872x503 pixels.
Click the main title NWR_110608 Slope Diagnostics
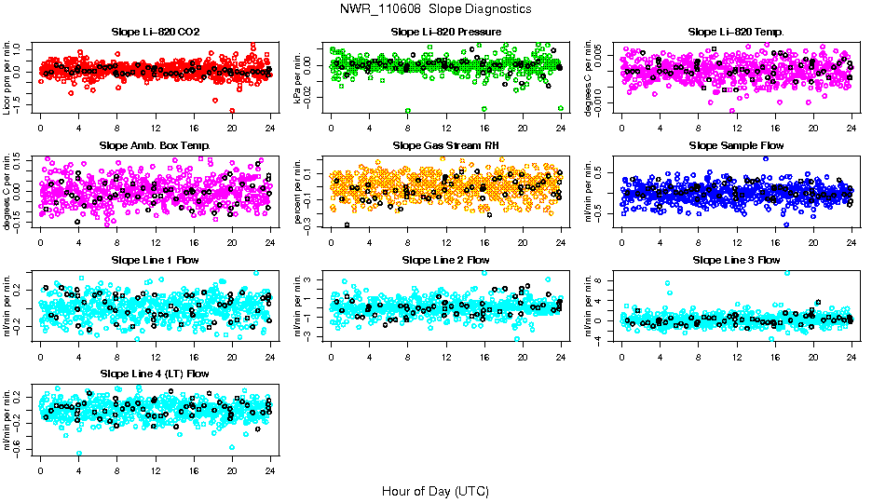click(436, 8)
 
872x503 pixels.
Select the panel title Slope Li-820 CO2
click(155, 32)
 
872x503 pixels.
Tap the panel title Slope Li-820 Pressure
click(445, 32)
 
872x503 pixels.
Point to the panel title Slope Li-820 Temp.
click(736, 32)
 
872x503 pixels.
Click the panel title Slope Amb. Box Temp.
click(155, 145)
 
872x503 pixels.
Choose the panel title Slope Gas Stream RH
click(445, 145)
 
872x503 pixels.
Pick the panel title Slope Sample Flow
click(736, 145)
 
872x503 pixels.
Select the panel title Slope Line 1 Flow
click(155, 259)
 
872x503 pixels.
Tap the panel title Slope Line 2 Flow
click(445, 259)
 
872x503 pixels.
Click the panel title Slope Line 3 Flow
click(736, 259)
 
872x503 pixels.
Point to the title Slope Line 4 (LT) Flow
click(155, 374)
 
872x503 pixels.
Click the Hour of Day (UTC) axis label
click(435, 490)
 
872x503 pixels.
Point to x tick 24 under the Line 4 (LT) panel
click(270, 470)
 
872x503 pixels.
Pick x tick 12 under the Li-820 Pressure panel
click(445, 129)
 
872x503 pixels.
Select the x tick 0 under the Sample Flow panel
click(622, 243)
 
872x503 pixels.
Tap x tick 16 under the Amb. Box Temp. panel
click(193, 243)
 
